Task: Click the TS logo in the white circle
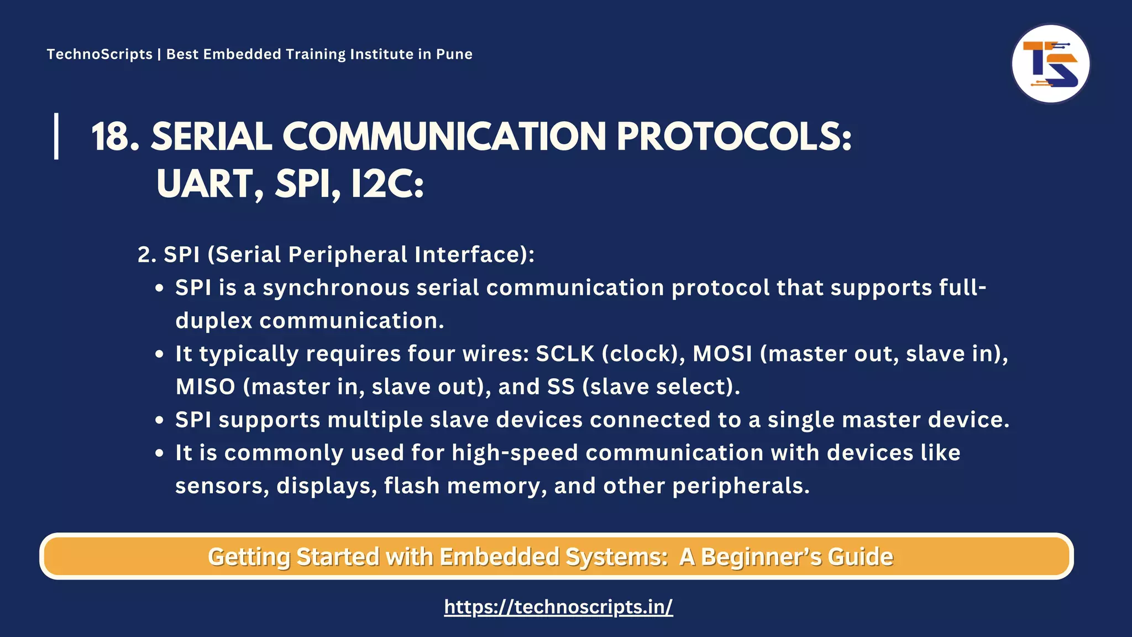1050,64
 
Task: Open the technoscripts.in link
558,607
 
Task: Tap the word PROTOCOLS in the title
733,137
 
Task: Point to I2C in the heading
387,184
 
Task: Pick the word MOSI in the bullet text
722,354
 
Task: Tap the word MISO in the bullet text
206,387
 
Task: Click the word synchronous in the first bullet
336,288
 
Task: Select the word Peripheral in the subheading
348,255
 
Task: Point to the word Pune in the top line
454,54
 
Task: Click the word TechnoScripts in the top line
99,54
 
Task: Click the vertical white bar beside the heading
56,136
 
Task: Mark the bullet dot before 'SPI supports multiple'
160,420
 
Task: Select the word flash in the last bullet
412,486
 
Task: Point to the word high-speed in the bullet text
515,453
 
